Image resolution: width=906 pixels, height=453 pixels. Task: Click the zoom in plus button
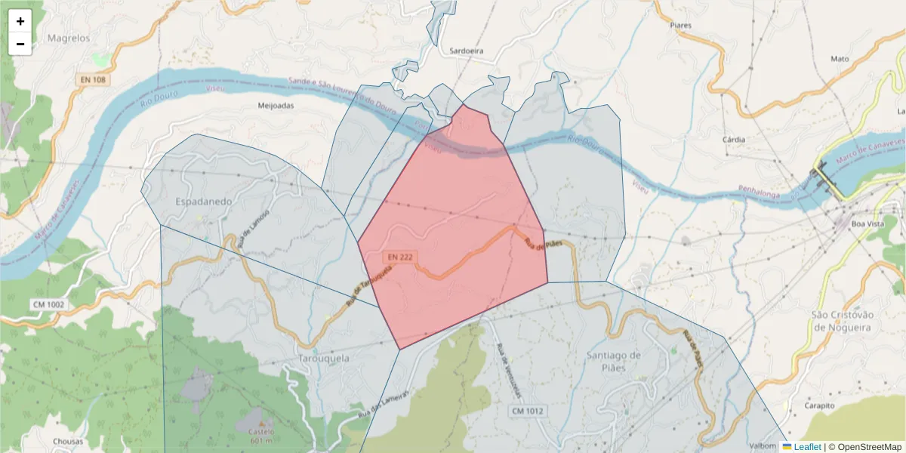(20, 21)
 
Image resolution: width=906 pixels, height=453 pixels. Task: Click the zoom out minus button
(20, 44)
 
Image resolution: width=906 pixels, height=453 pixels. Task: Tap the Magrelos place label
(68, 38)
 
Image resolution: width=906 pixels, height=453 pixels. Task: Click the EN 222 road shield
(399, 257)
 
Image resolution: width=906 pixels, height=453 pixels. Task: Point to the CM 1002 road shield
(48, 304)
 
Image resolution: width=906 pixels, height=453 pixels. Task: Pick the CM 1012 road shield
(527, 411)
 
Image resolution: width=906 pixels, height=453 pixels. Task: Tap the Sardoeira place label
(466, 51)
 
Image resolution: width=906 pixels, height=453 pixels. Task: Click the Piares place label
(680, 25)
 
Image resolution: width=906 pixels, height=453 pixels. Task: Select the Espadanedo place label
(204, 202)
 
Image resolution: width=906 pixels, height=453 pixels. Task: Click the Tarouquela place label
(325, 359)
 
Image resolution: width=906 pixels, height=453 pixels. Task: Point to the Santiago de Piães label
(613, 362)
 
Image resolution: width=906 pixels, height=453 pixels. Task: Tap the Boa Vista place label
(867, 223)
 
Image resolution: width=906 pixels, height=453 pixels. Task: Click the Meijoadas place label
(276, 106)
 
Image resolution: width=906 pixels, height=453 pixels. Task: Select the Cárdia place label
(734, 140)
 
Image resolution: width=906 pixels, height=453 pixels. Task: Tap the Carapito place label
(819, 405)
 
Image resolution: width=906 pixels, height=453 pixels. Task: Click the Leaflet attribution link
(807, 447)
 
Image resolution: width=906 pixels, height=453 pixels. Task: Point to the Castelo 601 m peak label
(260, 436)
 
